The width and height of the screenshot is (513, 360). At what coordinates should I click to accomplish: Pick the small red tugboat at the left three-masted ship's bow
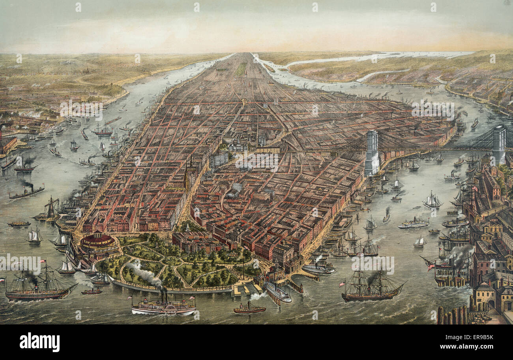[92, 292]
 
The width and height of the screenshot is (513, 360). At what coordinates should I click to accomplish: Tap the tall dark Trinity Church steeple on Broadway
[186, 180]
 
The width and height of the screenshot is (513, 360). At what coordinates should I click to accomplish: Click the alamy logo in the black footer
[39, 342]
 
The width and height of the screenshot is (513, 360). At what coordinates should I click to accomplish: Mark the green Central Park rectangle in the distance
[240, 69]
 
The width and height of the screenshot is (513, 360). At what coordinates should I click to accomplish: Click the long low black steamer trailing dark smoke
[26, 193]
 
